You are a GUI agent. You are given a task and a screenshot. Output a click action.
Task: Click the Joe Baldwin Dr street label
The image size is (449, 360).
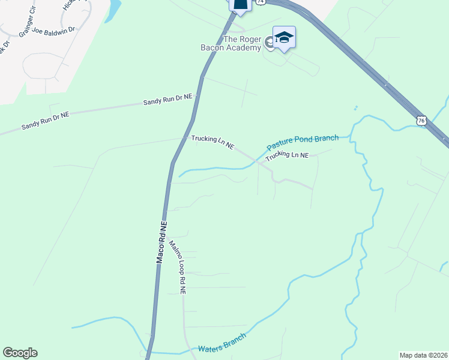click(x=53, y=29)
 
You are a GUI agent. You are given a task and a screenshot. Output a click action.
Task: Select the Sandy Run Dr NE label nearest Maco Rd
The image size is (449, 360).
click(x=167, y=100)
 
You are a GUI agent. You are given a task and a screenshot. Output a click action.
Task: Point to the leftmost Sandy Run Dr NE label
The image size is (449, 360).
click(x=45, y=119)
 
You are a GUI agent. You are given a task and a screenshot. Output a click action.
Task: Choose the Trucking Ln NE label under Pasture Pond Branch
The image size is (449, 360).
click(x=287, y=155)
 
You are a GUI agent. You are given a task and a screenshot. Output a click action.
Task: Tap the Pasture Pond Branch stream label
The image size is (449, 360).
click(x=303, y=142)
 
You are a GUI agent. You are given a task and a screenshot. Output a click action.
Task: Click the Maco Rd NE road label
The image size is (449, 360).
click(x=161, y=240)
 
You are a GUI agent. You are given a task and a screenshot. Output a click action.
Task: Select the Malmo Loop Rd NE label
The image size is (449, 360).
click(x=178, y=267)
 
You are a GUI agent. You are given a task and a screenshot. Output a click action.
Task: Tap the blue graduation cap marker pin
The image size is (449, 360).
click(x=284, y=38)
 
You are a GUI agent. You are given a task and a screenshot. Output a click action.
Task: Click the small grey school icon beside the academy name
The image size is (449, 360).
click(x=270, y=43)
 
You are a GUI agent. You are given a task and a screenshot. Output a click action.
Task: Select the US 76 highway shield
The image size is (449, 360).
click(x=421, y=121)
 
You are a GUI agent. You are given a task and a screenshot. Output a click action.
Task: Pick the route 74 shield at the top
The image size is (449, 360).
click(x=259, y=2)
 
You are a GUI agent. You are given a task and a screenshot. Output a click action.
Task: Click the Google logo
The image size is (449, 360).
click(x=20, y=353)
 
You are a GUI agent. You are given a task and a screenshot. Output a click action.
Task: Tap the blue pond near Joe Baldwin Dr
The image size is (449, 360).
click(x=112, y=11)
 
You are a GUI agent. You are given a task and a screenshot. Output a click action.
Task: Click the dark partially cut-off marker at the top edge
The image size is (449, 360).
click(x=240, y=5)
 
